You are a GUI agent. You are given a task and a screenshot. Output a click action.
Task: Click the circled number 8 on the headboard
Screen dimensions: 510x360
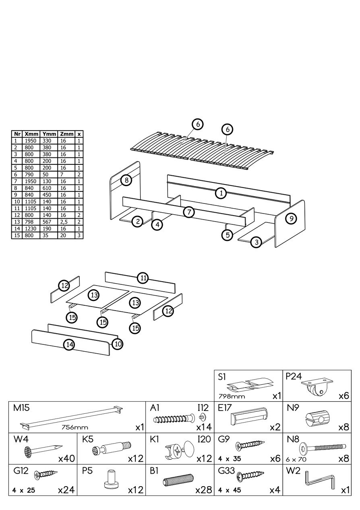[x=126, y=180]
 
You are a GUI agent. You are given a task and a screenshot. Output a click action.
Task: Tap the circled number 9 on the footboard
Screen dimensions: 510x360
[x=291, y=218]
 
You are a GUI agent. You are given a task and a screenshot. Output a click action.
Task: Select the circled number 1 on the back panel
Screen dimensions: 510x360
[x=221, y=193]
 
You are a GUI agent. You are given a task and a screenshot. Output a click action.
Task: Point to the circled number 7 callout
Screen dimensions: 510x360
[x=189, y=212]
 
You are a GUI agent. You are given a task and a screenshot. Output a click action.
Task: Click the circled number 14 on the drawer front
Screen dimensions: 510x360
[x=70, y=344]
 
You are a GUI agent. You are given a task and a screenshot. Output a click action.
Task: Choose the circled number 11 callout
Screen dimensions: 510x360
[x=143, y=278]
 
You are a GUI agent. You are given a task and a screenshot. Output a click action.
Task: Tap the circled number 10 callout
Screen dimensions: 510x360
[x=118, y=344]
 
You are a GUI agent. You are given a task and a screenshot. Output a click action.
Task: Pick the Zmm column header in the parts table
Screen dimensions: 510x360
[x=66, y=134]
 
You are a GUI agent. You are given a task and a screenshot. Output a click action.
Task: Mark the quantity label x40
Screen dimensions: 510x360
[x=66, y=458]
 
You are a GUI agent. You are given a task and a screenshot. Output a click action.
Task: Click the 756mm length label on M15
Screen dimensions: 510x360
[x=75, y=427]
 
